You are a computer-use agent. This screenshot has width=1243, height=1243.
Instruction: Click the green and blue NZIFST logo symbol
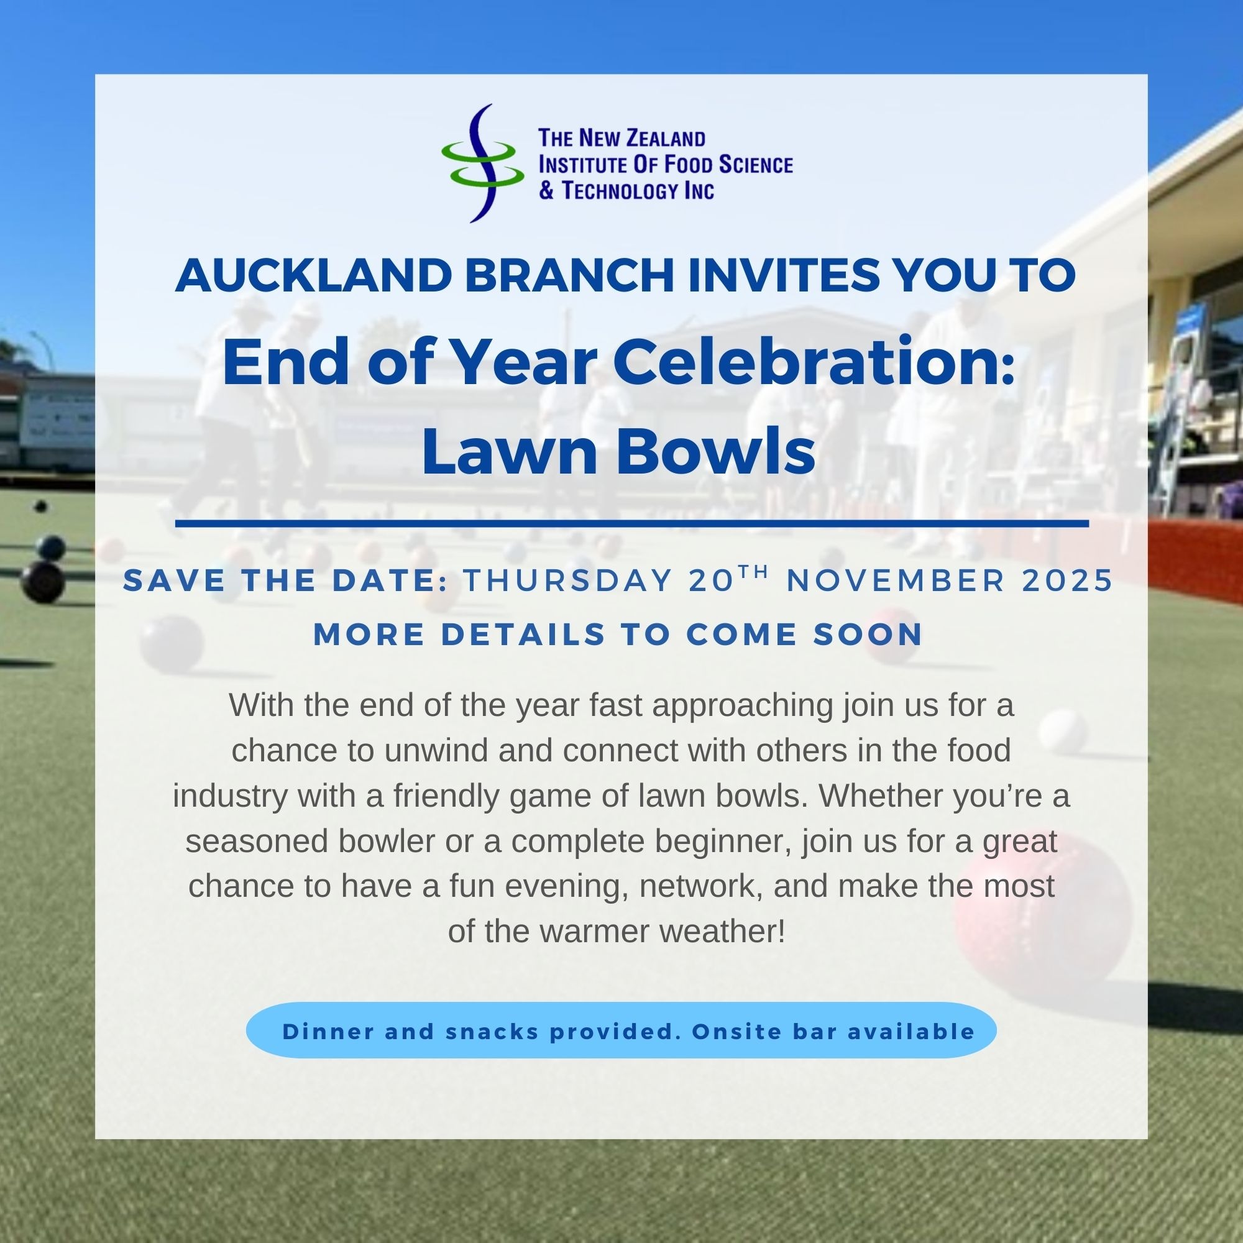[482, 163]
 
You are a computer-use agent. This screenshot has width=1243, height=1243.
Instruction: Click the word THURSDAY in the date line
[568, 581]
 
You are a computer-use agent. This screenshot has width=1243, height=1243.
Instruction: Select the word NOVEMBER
[896, 581]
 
